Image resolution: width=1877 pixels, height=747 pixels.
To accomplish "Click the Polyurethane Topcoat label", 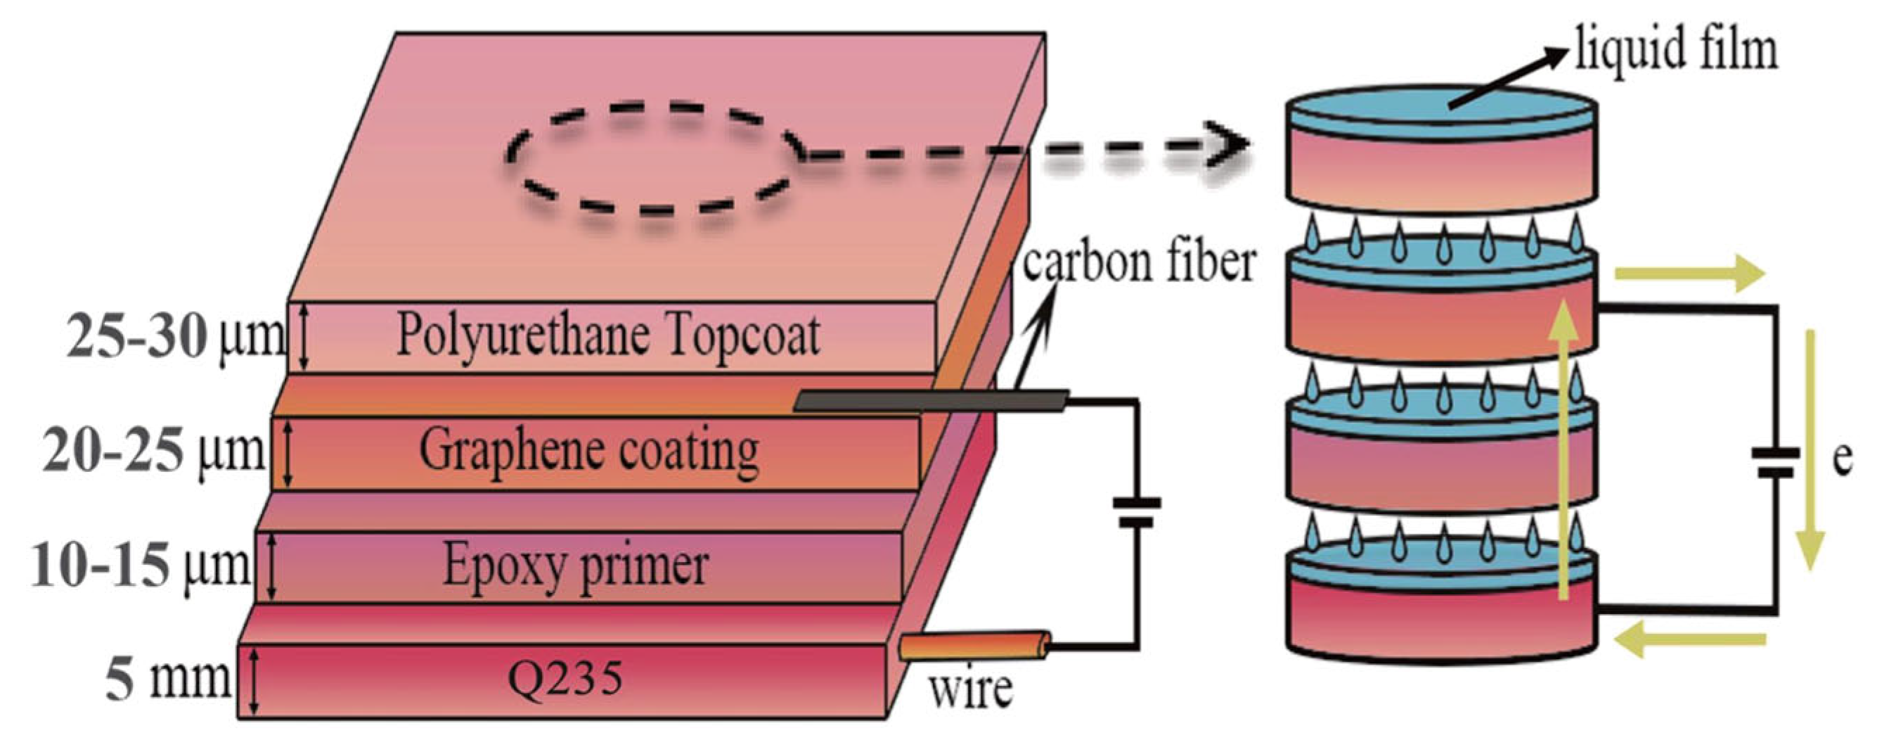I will [x=607, y=337].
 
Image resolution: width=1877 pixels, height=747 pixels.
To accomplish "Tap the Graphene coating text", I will [x=588, y=451].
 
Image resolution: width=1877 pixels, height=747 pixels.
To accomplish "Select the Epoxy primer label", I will [x=575, y=566].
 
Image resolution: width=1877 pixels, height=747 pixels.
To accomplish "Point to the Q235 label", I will [x=565, y=680].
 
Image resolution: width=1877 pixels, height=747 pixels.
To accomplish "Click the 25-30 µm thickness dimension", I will [x=175, y=337].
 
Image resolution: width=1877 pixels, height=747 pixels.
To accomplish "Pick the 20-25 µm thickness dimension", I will [x=153, y=451].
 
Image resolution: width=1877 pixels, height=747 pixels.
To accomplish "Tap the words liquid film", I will [x=1676, y=49].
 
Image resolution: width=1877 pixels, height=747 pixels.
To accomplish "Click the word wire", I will [x=970, y=689].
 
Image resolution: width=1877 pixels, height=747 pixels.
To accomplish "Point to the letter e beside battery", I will [x=1841, y=460].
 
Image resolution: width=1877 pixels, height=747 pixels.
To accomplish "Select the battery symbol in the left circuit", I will [x=1136, y=512].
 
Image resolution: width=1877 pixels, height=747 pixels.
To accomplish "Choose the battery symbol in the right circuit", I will [x=1775, y=464].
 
